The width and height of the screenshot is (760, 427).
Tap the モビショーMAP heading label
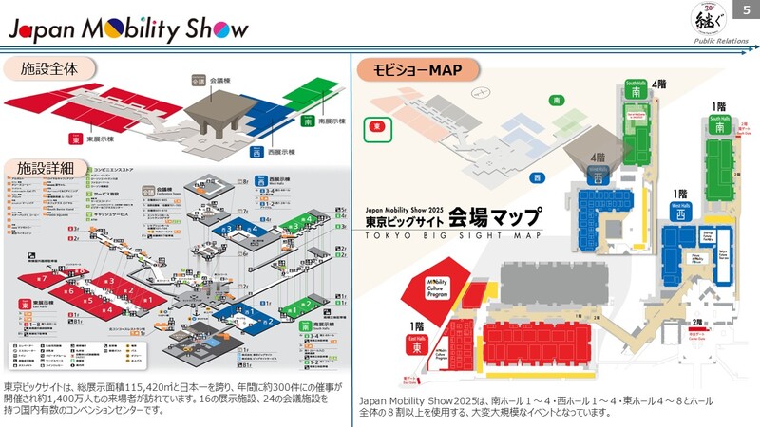417,69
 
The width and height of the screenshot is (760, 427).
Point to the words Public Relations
718,41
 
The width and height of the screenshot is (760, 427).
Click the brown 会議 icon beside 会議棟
199,82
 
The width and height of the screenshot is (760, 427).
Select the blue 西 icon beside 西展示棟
256,152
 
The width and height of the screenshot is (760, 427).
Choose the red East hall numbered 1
147,300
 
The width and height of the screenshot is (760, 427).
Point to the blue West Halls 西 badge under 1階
680,212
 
